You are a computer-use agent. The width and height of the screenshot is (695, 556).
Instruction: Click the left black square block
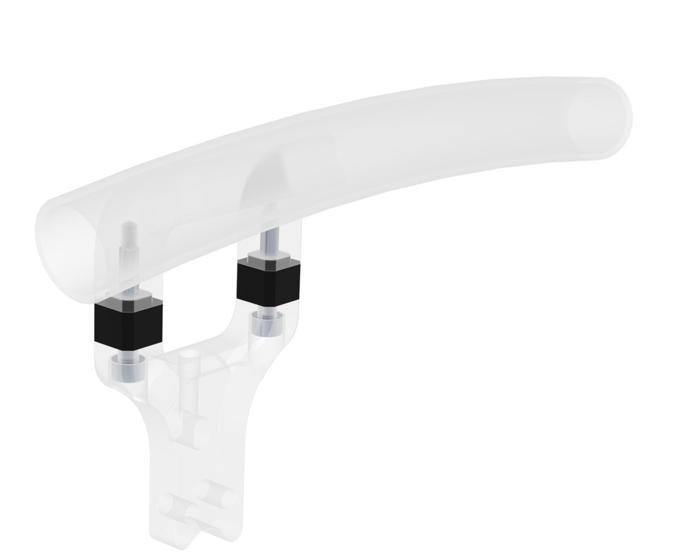(x=128, y=324)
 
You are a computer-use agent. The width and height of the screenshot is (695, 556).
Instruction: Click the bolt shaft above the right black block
(x=269, y=242)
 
